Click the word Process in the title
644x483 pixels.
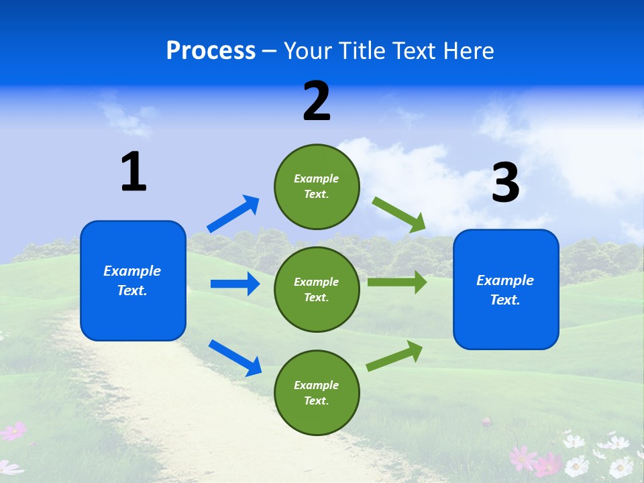pos(211,50)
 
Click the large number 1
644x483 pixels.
pos(133,172)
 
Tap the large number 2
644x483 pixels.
pos(317,102)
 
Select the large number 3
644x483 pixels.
pos(505,184)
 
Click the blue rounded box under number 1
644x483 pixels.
pos(133,280)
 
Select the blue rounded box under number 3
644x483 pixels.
pos(506,289)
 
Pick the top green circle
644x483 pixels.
pos(317,186)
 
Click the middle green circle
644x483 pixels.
pos(317,289)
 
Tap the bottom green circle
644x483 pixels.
pos(317,392)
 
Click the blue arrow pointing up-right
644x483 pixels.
pos(233,214)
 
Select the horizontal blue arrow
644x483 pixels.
pos(235,284)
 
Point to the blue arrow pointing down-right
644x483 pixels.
pos(235,358)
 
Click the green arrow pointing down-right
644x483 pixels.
pos(399,214)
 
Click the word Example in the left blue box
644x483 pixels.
pos(132,271)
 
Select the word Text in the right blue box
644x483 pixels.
pos(504,300)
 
